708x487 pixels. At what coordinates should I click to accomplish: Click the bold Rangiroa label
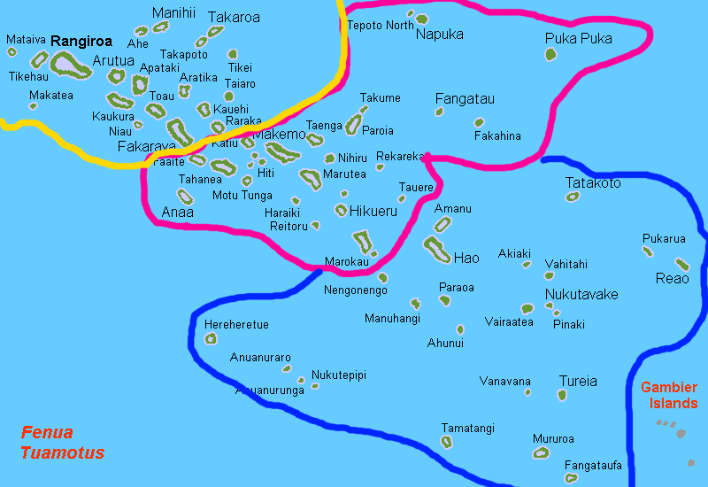point(81,41)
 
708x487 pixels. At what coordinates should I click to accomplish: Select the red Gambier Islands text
point(668,395)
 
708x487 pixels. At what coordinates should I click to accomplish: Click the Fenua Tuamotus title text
point(62,443)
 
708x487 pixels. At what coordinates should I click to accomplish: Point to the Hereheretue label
point(236,325)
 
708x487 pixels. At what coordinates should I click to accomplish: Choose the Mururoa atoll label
point(553,438)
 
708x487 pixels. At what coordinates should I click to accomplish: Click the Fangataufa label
point(593,465)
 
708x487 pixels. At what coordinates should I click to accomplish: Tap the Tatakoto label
point(593,183)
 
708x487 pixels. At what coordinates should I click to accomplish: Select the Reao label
point(672,279)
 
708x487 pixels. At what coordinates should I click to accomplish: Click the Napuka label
point(439,35)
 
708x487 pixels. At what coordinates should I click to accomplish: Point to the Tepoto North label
point(380,26)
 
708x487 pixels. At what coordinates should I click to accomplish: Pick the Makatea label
point(51,95)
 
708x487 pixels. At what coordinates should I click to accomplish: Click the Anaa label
point(177,213)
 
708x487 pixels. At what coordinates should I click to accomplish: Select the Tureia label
point(577,382)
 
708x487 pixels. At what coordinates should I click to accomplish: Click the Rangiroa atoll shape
point(67,63)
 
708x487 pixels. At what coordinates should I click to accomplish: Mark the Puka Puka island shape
point(550,55)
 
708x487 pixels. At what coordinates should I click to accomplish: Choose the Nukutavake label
point(581,294)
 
